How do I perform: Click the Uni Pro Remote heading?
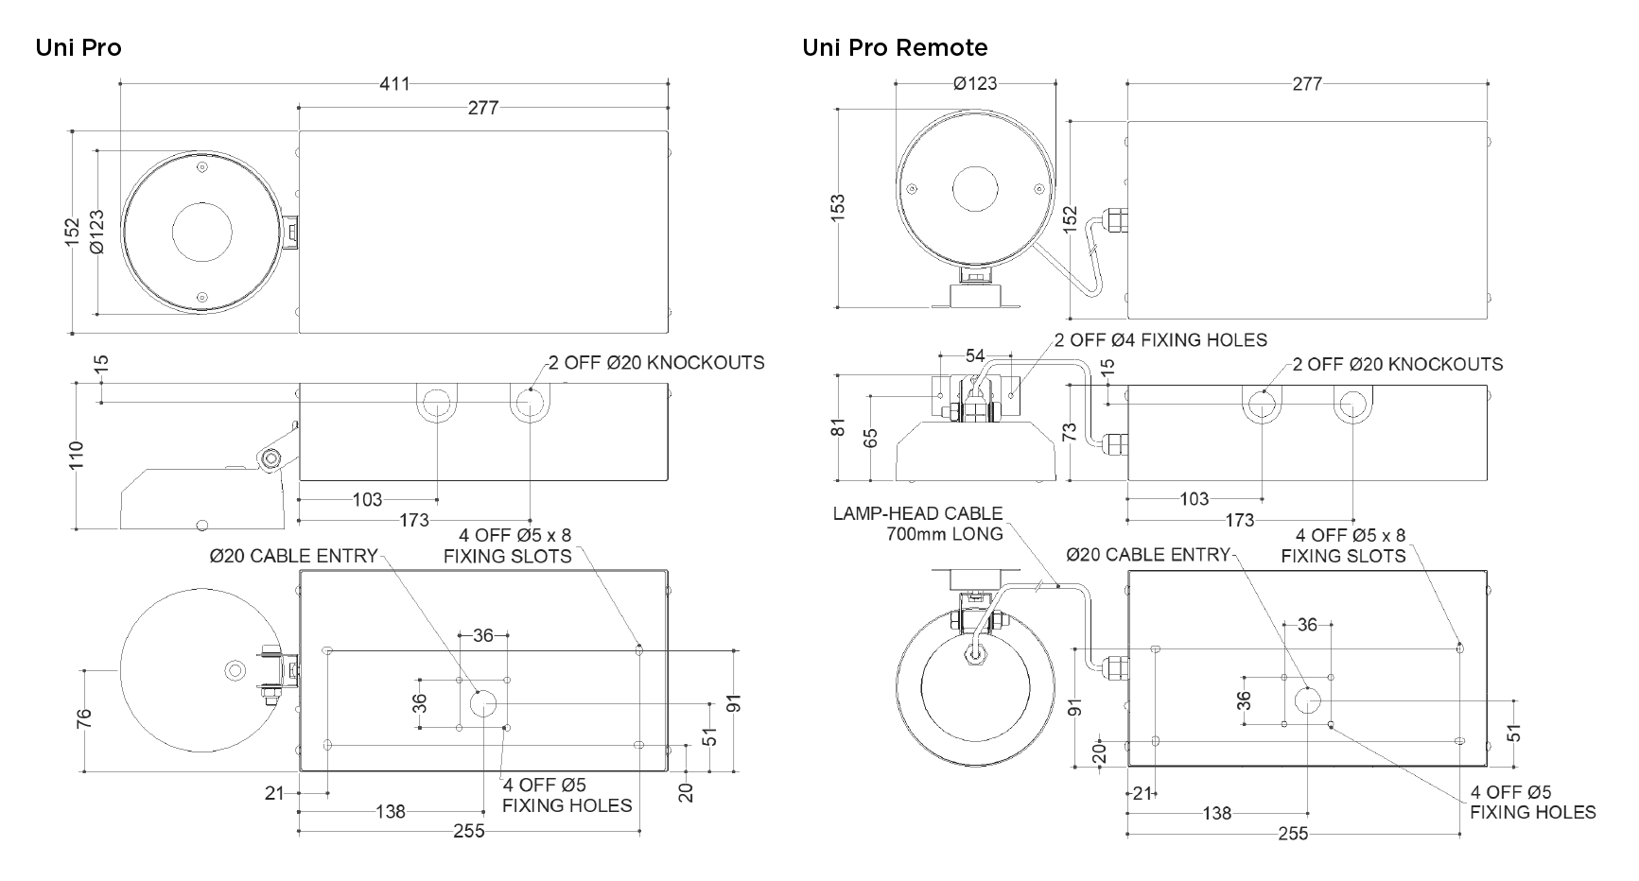[x=895, y=47]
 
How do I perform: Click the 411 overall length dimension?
[x=395, y=84]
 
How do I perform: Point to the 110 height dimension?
[x=78, y=456]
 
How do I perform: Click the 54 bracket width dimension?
[x=975, y=356]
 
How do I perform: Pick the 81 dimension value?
[x=837, y=427]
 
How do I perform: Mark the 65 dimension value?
[x=871, y=438]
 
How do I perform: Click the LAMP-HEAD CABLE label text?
[x=917, y=514]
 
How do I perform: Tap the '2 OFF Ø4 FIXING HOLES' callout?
[x=1160, y=340]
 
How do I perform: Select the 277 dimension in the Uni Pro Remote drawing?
[x=1307, y=84]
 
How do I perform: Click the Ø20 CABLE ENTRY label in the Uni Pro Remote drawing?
[x=1148, y=556]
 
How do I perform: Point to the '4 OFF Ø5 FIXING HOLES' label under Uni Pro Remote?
[x=1533, y=803]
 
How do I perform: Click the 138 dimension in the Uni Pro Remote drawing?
[x=1217, y=813]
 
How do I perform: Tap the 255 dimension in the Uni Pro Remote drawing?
[x=1293, y=834]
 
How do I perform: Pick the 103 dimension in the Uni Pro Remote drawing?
[x=1194, y=499]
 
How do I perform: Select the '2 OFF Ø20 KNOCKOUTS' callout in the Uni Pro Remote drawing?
[x=1398, y=365]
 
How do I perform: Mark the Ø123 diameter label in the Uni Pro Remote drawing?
[x=975, y=84]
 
